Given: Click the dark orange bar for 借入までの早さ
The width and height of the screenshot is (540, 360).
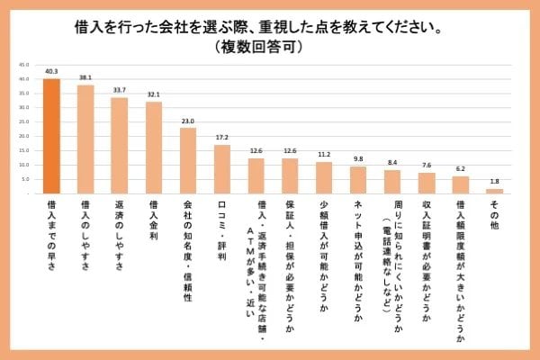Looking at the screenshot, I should tap(51, 136).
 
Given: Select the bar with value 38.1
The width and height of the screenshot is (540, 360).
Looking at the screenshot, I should tap(85, 139).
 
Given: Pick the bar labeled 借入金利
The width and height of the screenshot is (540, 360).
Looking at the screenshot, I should tap(154, 148).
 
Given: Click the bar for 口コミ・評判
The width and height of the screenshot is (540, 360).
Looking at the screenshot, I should tap(222, 169).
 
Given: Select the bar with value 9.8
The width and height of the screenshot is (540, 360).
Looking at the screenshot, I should tap(358, 180).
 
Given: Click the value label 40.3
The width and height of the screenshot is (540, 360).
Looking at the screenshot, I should tap(51, 70).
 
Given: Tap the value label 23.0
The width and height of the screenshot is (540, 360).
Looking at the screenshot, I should tap(188, 120).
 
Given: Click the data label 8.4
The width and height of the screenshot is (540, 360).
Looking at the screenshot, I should tap(392, 162).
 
